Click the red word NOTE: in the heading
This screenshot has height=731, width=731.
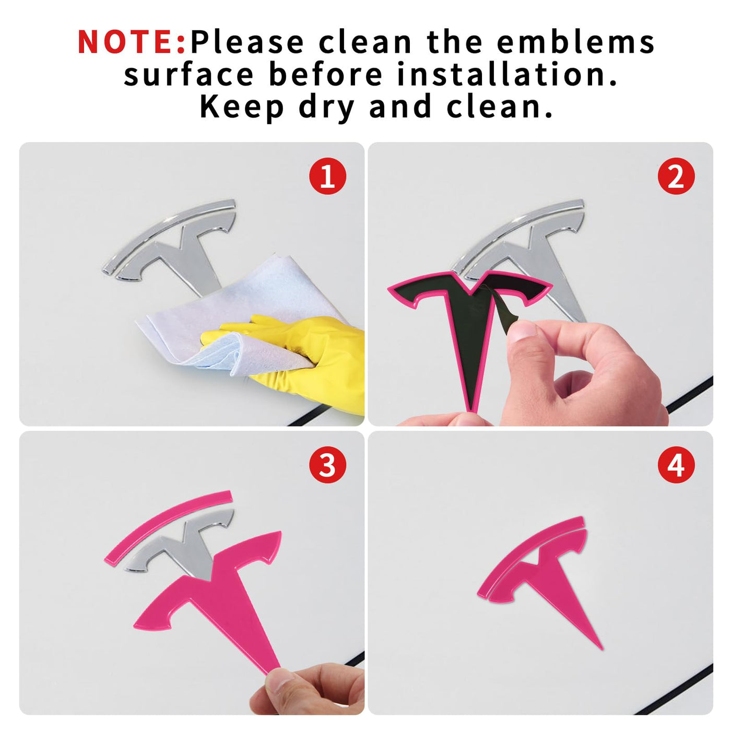click(x=132, y=42)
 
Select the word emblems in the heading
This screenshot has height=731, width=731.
click(x=575, y=42)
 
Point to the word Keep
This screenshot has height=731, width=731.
click(x=242, y=107)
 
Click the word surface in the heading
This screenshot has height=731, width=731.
click(x=188, y=75)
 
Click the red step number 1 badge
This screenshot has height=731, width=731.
click(x=327, y=176)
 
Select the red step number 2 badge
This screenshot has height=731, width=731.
click(x=676, y=176)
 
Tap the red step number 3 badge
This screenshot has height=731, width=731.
click(x=327, y=465)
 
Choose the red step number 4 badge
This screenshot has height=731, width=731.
click(x=676, y=465)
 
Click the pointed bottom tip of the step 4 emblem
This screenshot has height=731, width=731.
click(x=602, y=649)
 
